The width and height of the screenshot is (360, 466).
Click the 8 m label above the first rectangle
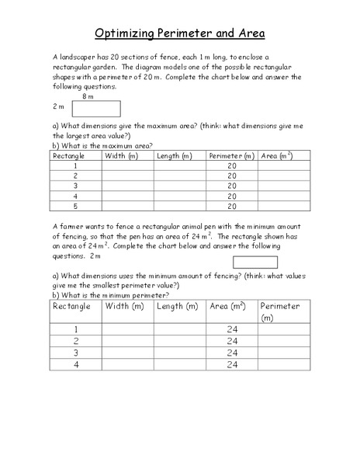pyautogui.click(x=88, y=96)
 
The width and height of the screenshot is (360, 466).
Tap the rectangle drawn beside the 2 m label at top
pyautogui.click(x=95, y=109)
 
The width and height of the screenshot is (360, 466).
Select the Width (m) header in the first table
pyautogui.click(x=120, y=156)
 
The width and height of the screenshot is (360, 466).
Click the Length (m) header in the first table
pyautogui.click(x=174, y=156)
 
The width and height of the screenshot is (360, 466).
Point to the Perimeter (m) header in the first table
pyautogui.click(x=231, y=156)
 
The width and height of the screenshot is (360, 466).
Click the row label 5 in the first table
pyautogui.click(x=75, y=207)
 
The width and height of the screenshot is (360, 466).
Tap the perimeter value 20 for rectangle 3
pyautogui.click(x=232, y=186)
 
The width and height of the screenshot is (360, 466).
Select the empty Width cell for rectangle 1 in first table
pyautogui.click(x=127, y=166)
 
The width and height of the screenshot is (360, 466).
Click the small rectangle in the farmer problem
pyautogui.click(x=254, y=263)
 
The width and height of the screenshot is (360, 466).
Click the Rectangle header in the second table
pyautogui.click(x=71, y=306)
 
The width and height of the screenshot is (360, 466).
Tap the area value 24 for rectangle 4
pyautogui.click(x=232, y=364)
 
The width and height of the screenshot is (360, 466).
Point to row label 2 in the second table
pyautogui.click(x=75, y=340)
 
